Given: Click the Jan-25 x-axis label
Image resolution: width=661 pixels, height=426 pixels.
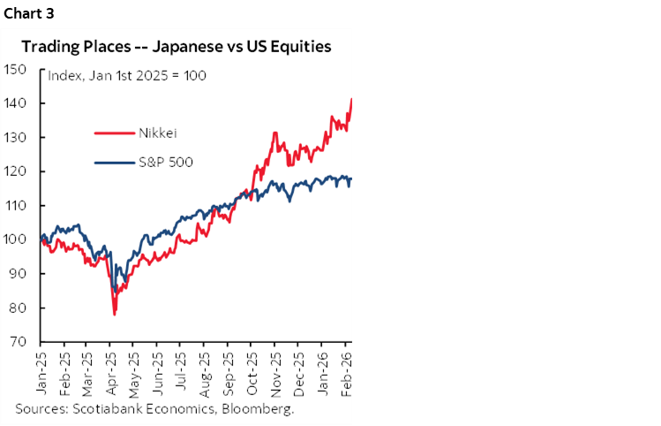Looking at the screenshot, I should (x=41, y=370).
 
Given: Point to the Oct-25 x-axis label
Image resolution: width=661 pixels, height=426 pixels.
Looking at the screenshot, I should (x=251, y=370).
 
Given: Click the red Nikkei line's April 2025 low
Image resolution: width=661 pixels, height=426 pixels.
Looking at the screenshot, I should (x=115, y=313).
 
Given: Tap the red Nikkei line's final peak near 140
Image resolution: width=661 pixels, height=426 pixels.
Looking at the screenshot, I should (x=352, y=100).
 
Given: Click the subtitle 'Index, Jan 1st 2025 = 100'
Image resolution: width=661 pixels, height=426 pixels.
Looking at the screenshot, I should (x=127, y=75).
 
